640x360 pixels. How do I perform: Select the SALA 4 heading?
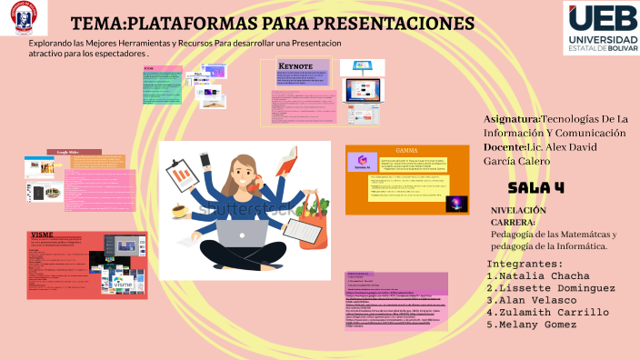point(536,187)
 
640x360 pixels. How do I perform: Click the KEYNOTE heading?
point(295,66)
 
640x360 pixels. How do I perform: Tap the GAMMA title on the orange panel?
point(405,149)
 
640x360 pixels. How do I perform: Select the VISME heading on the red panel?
point(42,235)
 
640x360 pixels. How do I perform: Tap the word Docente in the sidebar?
point(505,147)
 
